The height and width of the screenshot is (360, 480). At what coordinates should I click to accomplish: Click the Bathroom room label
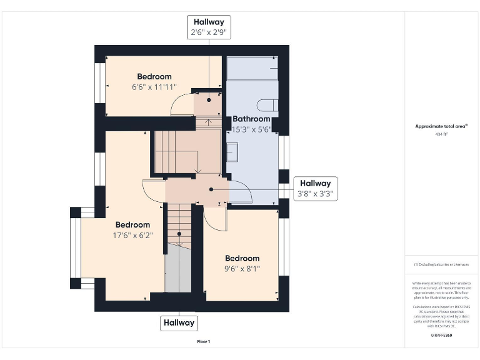tap(251, 119)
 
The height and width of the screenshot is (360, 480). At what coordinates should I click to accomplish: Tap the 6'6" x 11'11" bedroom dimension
tap(154, 87)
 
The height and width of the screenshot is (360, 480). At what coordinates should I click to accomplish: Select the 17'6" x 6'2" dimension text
tap(132, 236)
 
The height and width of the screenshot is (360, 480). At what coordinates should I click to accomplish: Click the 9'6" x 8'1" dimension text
tap(242, 269)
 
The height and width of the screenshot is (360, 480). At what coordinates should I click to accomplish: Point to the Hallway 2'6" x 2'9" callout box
tap(209, 27)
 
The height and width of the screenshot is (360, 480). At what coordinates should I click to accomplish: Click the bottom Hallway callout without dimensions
tap(179, 323)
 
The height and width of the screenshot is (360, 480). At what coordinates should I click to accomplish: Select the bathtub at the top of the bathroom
tap(252, 68)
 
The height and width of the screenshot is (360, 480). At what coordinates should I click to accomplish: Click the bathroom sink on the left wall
tap(231, 152)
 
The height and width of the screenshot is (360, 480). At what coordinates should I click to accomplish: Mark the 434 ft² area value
tap(441, 134)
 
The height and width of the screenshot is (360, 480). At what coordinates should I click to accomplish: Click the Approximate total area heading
tap(441, 126)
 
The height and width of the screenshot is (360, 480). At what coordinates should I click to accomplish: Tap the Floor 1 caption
tap(204, 341)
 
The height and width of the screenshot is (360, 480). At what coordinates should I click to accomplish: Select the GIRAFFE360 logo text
tap(441, 336)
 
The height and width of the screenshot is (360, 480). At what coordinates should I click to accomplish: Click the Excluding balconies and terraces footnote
tap(441, 264)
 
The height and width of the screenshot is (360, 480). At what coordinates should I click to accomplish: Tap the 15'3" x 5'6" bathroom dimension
tap(251, 129)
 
